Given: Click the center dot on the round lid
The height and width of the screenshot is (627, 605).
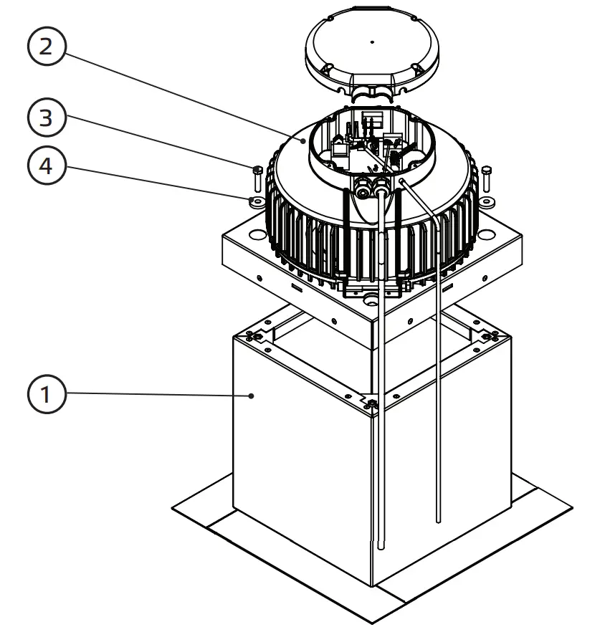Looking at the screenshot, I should tap(371, 42).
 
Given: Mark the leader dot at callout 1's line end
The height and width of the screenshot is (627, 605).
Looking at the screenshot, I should tap(251, 395).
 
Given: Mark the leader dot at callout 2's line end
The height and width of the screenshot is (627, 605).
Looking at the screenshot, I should tap(305, 142).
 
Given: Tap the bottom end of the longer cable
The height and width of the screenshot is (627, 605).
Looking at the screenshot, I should tap(380, 546).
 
